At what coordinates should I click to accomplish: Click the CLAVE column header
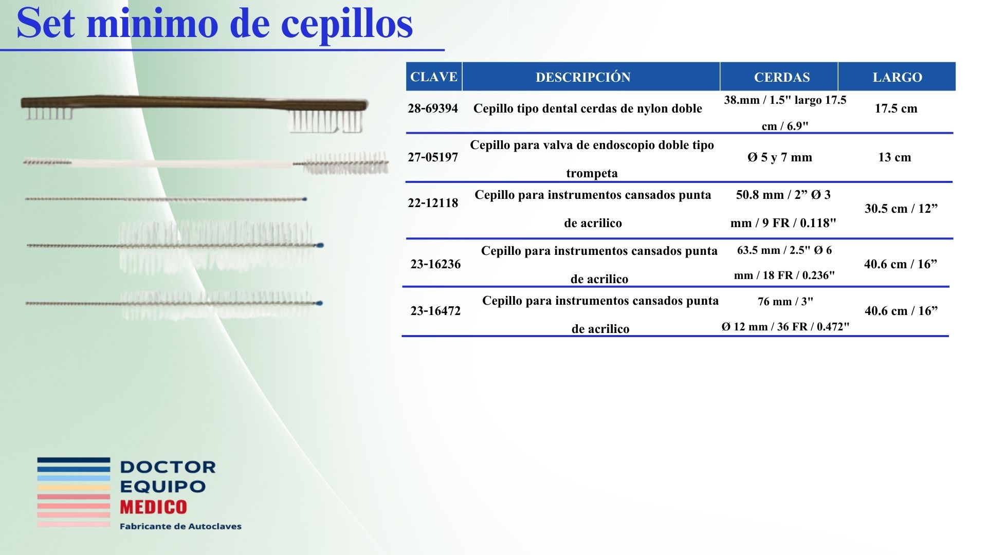[x=433, y=77]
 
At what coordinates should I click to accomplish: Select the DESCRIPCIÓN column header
[x=583, y=77]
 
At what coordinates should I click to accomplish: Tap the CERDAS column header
[x=782, y=77]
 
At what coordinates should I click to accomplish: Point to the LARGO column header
[x=897, y=77]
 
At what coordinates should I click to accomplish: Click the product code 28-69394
[x=433, y=108]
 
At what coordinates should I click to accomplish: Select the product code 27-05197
[x=433, y=157]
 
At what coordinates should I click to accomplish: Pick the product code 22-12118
[x=433, y=203]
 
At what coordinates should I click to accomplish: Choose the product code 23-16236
[x=435, y=264]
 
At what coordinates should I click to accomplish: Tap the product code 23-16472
[x=435, y=311]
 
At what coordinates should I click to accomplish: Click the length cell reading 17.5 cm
[x=896, y=108]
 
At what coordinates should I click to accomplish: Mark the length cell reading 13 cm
[x=894, y=157]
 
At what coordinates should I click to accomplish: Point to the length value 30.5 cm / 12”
[x=901, y=209]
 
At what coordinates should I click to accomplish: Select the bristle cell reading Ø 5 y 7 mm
[x=780, y=157]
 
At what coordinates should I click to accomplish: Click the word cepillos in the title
[x=347, y=24]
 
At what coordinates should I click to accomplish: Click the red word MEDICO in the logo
[x=153, y=507]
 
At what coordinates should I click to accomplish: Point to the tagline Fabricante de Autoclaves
[x=180, y=526]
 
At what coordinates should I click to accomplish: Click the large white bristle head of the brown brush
[x=326, y=121]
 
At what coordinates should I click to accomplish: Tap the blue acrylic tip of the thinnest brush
[x=305, y=199]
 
